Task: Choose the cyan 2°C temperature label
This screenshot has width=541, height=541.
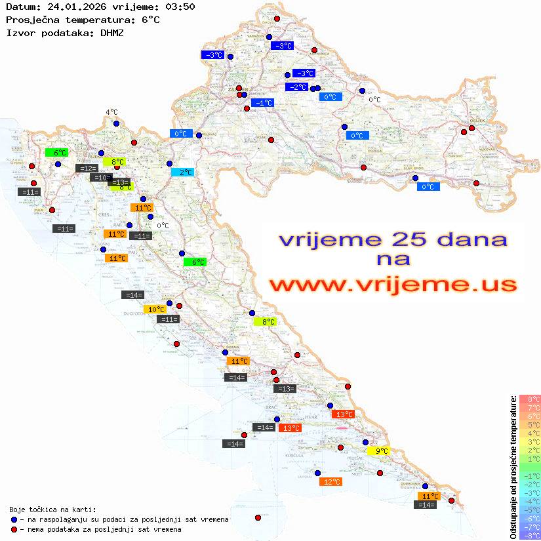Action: click(182, 172)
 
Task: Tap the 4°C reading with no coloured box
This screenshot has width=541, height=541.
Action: click(111, 112)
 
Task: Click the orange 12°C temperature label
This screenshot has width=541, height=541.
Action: click(331, 482)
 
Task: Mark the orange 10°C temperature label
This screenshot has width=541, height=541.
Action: click(155, 310)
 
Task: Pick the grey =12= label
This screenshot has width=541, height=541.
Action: click(86, 169)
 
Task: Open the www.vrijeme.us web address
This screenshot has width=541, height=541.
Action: click(392, 285)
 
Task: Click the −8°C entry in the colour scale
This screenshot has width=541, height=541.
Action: click(530, 535)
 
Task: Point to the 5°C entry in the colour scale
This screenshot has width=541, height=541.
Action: click(530, 424)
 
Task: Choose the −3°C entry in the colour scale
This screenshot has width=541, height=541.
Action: click(530, 492)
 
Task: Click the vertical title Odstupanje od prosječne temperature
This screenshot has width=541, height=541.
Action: click(513, 467)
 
